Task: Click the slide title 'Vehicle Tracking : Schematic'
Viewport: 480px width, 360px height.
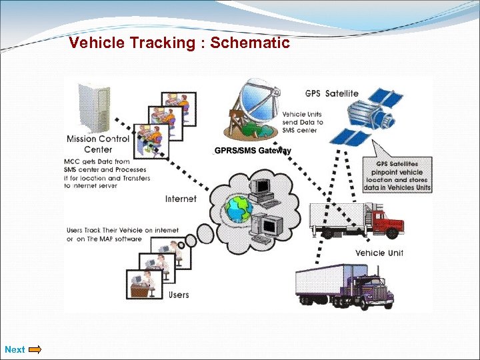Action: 179,43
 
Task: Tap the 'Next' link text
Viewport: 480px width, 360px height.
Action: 15,349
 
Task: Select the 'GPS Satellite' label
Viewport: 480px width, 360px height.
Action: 331,93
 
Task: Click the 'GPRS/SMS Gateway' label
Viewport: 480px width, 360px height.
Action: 253,151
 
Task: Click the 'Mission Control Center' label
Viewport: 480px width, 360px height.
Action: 98,144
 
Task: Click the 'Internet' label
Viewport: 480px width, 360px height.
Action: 181,199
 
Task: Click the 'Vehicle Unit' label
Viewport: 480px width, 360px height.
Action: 379,253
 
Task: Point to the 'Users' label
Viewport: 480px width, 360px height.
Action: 179,295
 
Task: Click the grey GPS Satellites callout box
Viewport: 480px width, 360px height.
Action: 397,175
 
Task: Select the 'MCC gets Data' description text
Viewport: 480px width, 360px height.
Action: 107,174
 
